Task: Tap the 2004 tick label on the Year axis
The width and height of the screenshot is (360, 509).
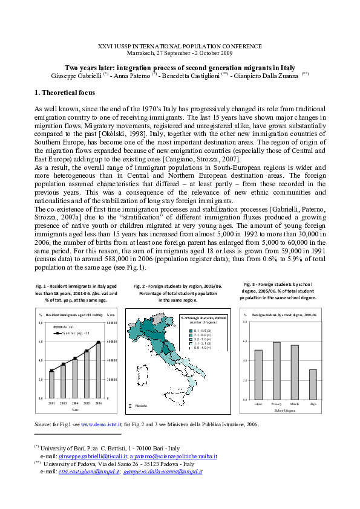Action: (x=74, y=402)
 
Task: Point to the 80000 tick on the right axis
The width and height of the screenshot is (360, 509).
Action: (x=111, y=323)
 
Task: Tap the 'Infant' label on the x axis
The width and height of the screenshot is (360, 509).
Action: (x=258, y=403)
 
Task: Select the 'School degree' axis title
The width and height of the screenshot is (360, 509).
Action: (x=286, y=409)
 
